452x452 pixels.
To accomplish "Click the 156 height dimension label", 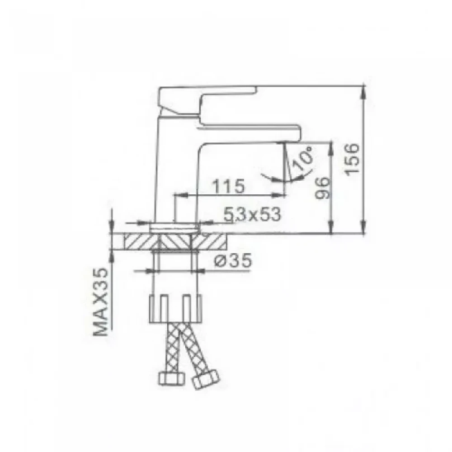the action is click(353, 159).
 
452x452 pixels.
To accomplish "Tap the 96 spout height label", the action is click(322, 188).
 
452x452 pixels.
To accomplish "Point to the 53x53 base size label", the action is click(252, 214).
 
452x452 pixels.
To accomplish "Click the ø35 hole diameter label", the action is click(233, 261).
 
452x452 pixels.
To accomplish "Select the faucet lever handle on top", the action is click(207, 101).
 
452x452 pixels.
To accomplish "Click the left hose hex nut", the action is click(171, 377).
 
